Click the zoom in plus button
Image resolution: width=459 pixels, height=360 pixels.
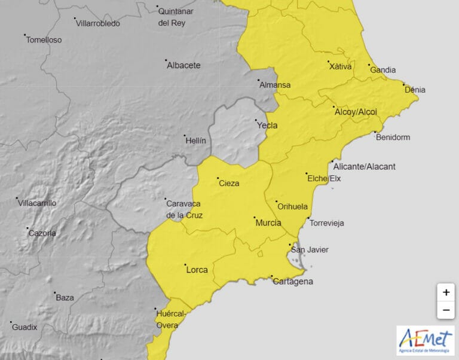[x=446, y=292]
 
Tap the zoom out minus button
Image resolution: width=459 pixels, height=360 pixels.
[x=446, y=310]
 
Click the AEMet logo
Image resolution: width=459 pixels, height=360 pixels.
[x=425, y=340]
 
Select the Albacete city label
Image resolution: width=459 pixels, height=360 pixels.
[x=183, y=66]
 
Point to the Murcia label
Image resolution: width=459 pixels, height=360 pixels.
[x=268, y=223]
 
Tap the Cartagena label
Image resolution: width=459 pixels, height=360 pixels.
[x=292, y=282]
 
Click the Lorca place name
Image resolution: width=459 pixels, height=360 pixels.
[x=197, y=270]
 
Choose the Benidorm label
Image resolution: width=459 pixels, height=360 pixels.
[x=393, y=138]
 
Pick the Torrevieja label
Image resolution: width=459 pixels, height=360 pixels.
[x=326, y=223]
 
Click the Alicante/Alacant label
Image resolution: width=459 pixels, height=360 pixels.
[x=364, y=166]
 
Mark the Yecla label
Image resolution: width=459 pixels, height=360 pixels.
[x=267, y=126]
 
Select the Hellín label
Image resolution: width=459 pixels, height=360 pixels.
[x=195, y=141]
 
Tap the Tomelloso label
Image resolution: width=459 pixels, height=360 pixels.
[x=44, y=40]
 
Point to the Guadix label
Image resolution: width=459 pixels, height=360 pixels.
[x=25, y=327]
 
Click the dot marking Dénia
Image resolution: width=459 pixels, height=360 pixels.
[x=403, y=84]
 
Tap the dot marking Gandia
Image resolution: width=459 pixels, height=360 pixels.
[x=369, y=65]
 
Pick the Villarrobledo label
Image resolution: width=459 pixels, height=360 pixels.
[x=97, y=24]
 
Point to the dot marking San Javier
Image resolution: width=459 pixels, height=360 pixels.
[x=290, y=245]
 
